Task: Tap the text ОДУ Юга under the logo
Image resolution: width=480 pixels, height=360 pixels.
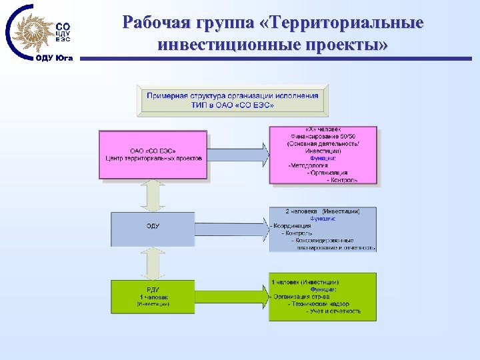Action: point(55,58)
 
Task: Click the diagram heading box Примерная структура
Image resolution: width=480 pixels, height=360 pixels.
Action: point(232,100)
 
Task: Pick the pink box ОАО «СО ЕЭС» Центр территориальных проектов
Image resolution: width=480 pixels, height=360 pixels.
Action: point(153,155)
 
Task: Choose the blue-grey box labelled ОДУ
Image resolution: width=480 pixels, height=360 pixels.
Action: point(153,227)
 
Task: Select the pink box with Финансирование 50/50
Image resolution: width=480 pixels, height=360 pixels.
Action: point(323,155)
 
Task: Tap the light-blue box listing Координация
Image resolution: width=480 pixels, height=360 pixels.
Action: point(323,229)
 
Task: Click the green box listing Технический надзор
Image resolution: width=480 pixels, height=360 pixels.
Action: point(323,297)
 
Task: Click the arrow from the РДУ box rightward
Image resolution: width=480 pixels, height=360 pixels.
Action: point(234,295)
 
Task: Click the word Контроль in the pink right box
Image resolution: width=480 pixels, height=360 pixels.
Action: point(343,180)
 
